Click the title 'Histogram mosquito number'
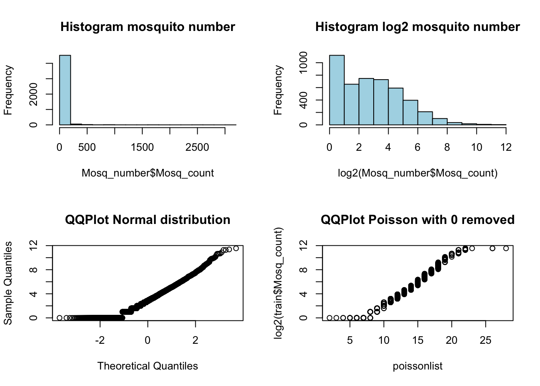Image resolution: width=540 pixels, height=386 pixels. click(147, 27)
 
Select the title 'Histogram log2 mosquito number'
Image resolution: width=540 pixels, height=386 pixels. click(417, 27)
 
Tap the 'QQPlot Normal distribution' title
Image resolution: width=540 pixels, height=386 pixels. click(147, 220)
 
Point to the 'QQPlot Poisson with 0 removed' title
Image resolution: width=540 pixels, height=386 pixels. click(417, 220)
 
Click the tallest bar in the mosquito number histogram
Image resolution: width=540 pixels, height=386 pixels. click(65, 90)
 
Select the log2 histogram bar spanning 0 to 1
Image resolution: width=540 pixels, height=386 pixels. click(337, 90)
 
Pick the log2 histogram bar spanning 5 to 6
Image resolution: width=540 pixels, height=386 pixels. click(410, 113)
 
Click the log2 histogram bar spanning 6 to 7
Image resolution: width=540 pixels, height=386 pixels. click(425, 118)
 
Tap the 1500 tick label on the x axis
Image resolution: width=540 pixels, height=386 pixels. click(142, 148)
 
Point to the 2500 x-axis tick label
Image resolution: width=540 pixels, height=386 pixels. click(197, 148)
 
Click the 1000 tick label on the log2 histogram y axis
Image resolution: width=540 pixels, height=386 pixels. click(303, 62)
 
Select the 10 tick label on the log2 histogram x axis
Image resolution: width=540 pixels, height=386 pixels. click(477, 148)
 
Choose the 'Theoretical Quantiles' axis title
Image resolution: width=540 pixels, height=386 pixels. click(147, 366)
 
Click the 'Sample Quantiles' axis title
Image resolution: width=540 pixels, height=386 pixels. click(8, 283)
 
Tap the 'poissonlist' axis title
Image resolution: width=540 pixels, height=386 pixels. click(417, 366)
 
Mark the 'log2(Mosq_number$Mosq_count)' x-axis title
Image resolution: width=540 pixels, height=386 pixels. click(417, 173)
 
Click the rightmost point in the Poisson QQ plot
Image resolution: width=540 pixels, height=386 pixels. click(506, 248)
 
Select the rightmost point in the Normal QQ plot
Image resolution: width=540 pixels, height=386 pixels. click(236, 248)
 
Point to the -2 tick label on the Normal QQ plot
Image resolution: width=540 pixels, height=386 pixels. click(100, 341)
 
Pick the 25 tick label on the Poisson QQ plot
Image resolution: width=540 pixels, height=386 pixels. click(485, 341)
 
